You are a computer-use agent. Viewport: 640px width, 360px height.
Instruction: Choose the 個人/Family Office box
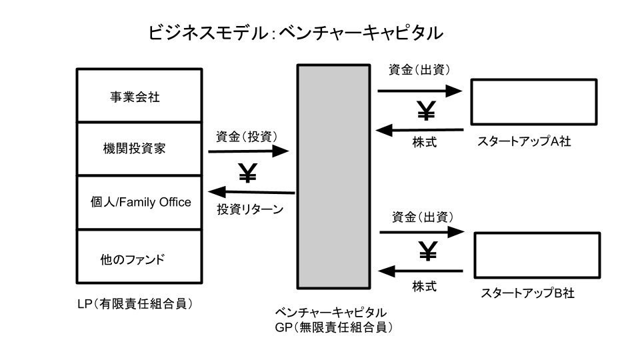(141, 202)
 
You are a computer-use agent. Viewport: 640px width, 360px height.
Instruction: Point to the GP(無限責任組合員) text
(334, 327)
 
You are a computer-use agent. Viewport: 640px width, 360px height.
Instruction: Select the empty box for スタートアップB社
(537, 255)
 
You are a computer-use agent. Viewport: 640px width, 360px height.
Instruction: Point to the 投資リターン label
(251, 209)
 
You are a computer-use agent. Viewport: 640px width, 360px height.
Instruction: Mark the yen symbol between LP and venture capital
(247, 174)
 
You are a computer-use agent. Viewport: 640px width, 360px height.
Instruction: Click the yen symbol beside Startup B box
(427, 251)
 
